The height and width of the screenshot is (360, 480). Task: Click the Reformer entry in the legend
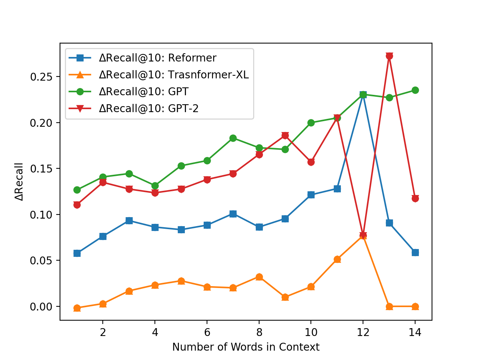pyautogui.click(x=157, y=58)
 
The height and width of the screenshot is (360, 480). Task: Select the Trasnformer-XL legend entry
pyautogui.click(x=174, y=75)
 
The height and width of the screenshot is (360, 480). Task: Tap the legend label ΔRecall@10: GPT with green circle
pyautogui.click(x=144, y=92)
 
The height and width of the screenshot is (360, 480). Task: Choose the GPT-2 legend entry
pyautogui.click(x=148, y=109)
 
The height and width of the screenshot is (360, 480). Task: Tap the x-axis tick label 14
pyautogui.click(x=415, y=332)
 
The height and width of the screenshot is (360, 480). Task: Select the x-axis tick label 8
pyautogui.click(x=259, y=332)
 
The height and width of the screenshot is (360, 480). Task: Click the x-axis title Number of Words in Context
pyautogui.click(x=246, y=347)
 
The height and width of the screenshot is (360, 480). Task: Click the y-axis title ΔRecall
pyautogui.click(x=19, y=181)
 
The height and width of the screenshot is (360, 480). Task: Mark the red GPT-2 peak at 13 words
pyautogui.click(x=389, y=56)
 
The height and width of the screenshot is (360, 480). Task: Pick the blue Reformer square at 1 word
pyautogui.click(x=77, y=253)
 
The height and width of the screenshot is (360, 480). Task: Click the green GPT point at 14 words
pyautogui.click(x=415, y=90)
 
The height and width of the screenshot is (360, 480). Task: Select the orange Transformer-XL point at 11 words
pyautogui.click(x=337, y=259)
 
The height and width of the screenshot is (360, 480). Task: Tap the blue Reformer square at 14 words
pyautogui.click(x=415, y=252)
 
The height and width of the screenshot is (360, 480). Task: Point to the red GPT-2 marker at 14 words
pyautogui.click(x=415, y=198)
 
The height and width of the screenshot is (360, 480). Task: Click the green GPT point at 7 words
pyautogui.click(x=233, y=138)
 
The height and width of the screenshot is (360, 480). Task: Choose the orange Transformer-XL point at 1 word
pyautogui.click(x=77, y=308)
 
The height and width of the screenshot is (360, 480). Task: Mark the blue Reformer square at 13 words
pyautogui.click(x=389, y=223)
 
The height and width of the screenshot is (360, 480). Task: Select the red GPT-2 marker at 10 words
pyautogui.click(x=311, y=162)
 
